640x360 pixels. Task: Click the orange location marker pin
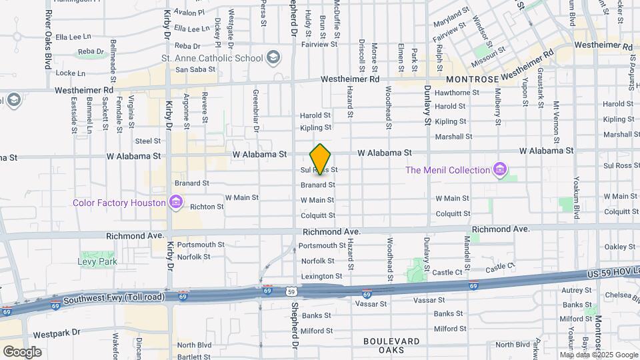click(x=321, y=159)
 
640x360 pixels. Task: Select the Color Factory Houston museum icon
click(x=176, y=202)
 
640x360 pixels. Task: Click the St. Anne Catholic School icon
click(x=272, y=58)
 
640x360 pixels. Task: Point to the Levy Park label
click(x=98, y=261)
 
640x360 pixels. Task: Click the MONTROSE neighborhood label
click(x=472, y=79)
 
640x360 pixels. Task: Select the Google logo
click(x=22, y=351)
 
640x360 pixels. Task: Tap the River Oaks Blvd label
click(x=48, y=40)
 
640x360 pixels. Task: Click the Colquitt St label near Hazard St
click(x=318, y=215)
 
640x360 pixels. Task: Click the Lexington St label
click(x=322, y=276)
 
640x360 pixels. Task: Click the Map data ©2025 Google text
click(x=599, y=355)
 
